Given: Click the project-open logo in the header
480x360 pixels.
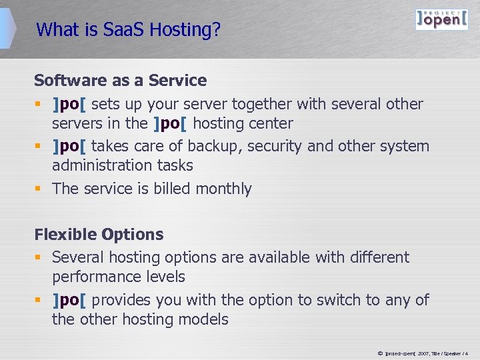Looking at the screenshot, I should [441, 19].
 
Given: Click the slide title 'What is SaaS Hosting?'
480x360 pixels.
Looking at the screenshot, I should [129, 30].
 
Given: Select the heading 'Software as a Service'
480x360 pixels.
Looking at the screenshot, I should [121, 81].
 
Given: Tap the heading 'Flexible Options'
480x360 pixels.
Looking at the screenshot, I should [99, 235].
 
